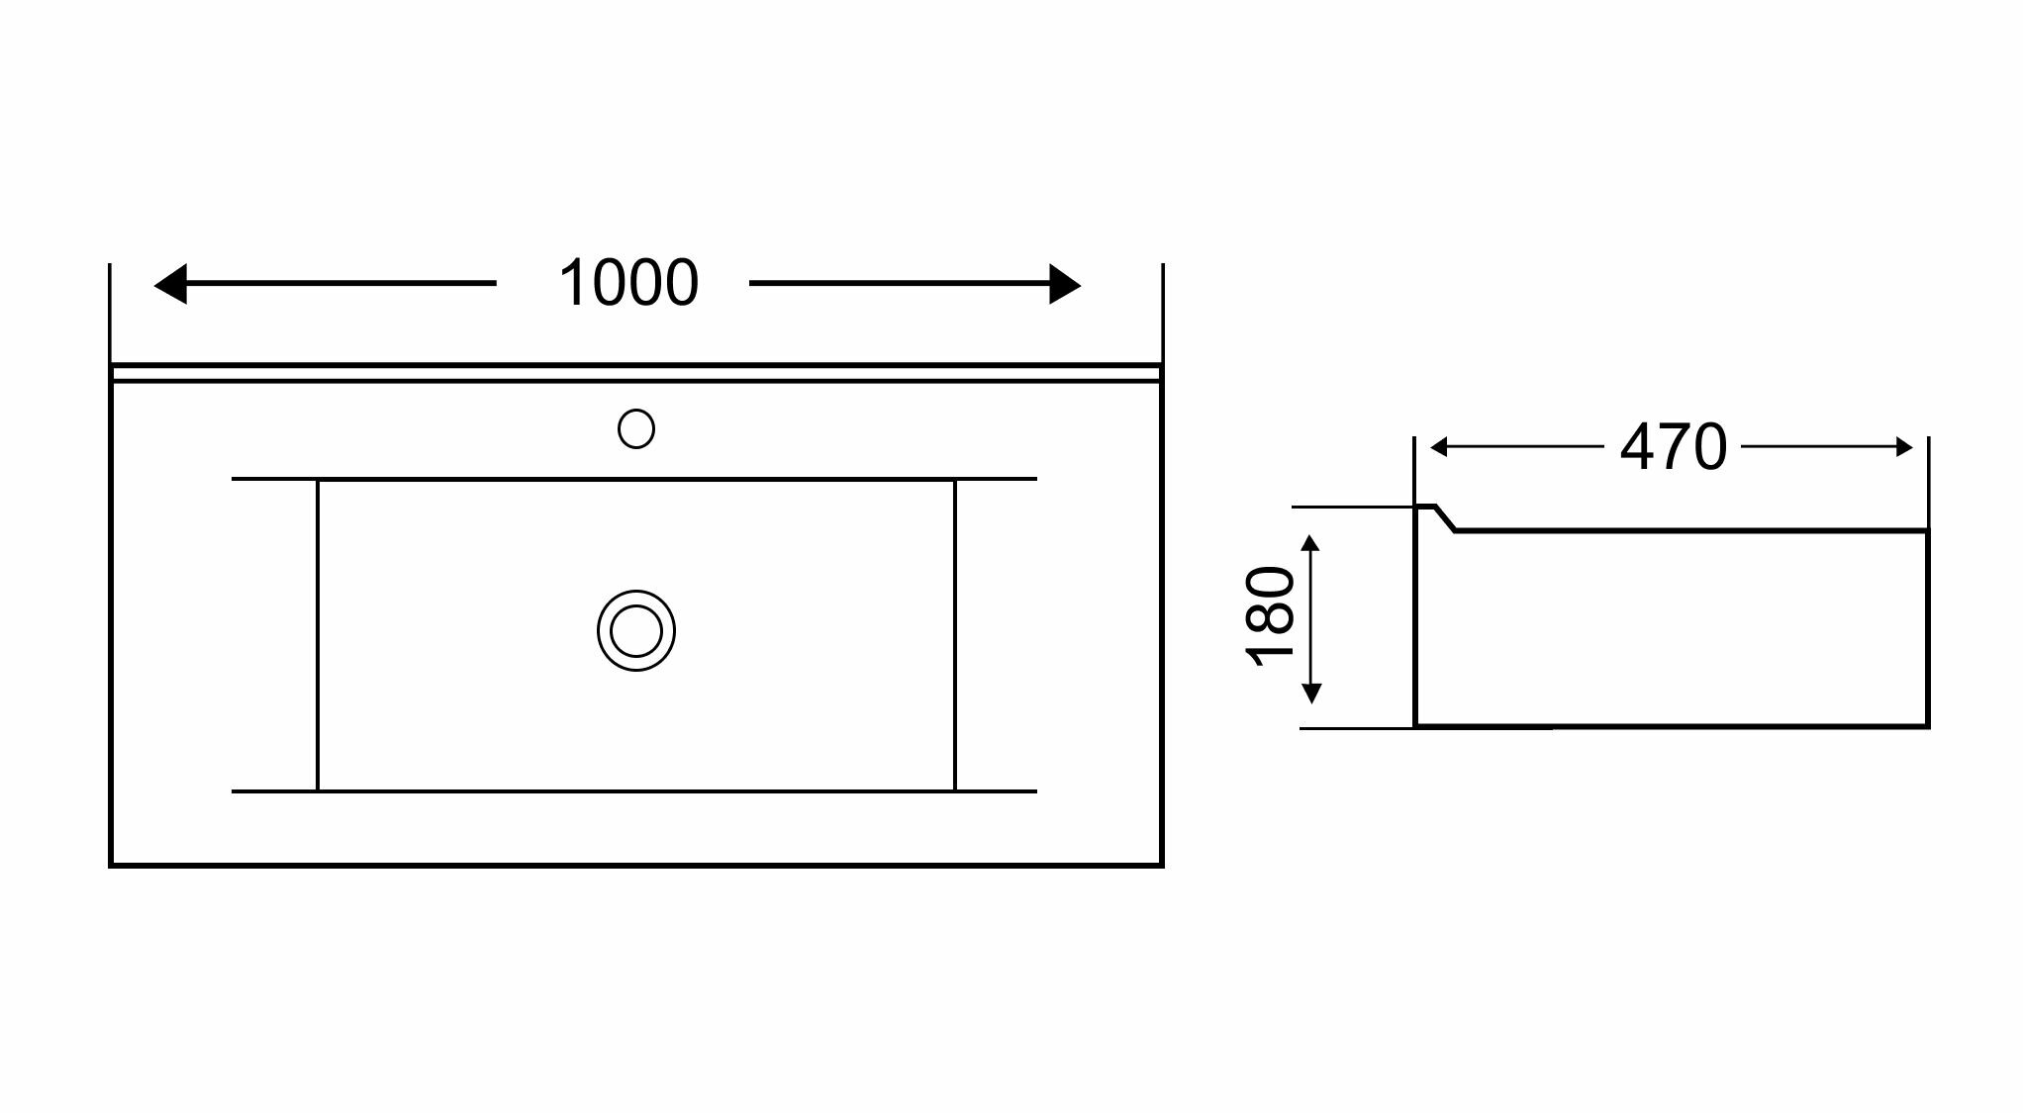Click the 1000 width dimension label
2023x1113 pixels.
pyautogui.click(x=628, y=284)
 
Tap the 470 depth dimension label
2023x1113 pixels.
pyautogui.click(x=1673, y=447)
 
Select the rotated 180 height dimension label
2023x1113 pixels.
pyautogui.click(x=1270, y=615)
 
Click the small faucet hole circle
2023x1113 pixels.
pyautogui.click(x=635, y=428)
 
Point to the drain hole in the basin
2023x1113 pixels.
pyautogui.click(x=635, y=630)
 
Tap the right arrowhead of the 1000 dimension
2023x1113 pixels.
pyautogui.click(x=1065, y=284)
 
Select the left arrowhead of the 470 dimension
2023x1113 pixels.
pyautogui.click(x=1439, y=448)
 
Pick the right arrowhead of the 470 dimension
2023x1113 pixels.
pyautogui.click(x=1904, y=448)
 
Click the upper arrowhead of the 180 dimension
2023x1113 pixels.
pyautogui.click(x=1311, y=543)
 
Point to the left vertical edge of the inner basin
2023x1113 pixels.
pyautogui.click(x=318, y=633)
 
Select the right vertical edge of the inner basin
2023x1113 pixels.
pyautogui.click(x=955, y=633)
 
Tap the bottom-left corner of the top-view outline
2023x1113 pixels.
pyautogui.click(x=111, y=865)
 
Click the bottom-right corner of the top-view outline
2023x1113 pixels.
pyautogui.click(x=1161, y=865)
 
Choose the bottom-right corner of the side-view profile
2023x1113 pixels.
pyautogui.click(x=1927, y=725)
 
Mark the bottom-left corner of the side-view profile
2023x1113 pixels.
pyautogui.click(x=1416, y=725)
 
